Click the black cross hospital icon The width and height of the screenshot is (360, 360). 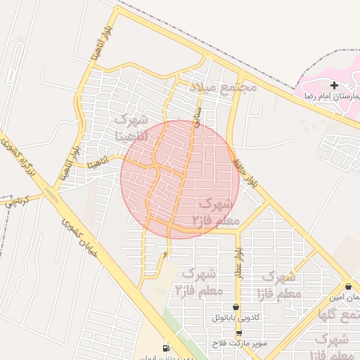(334, 85)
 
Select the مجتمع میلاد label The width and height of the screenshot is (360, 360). (223, 87)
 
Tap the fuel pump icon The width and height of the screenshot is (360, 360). (166, 347)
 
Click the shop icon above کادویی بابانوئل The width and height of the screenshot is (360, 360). (238, 307)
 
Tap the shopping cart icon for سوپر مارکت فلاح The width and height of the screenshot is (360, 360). (238, 333)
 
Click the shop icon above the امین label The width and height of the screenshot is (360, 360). (349, 286)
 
